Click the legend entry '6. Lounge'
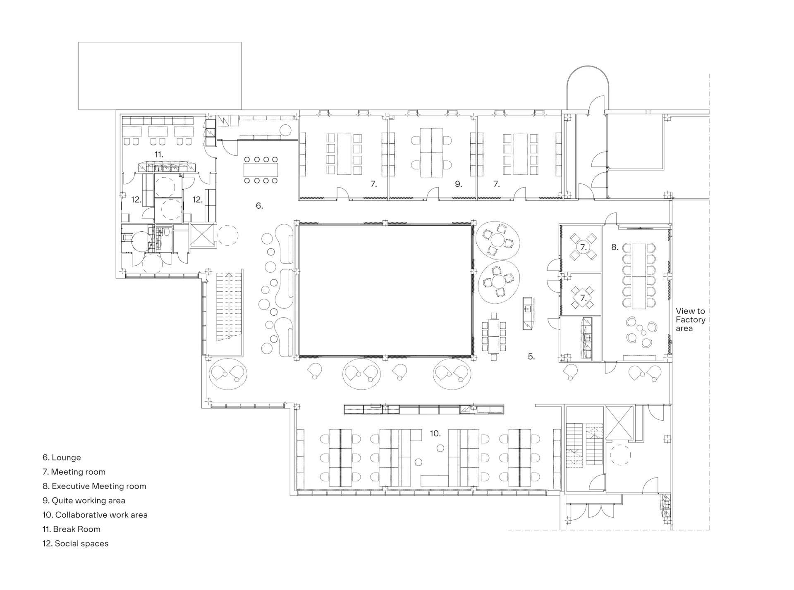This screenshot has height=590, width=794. pos(62,457)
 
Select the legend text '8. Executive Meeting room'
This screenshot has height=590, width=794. pos(94,486)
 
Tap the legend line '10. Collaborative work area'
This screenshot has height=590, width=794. pos(95,515)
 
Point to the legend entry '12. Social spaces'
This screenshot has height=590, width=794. pos(75,543)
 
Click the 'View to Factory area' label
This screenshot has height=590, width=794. pos(690,319)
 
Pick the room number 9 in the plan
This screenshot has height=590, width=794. pos(458,184)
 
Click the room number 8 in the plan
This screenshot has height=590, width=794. pos(615,247)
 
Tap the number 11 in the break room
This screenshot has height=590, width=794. pos(159,155)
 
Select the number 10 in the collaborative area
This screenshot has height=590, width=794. pos(435,433)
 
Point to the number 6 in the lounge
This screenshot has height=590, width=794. pos(259,205)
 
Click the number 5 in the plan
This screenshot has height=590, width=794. pos(531,356)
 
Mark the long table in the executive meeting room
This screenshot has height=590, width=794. pos(639,276)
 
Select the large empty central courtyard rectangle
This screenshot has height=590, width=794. pos(385,290)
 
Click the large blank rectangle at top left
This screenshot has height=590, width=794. pos(160,76)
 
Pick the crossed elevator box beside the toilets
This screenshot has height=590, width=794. pos(202,235)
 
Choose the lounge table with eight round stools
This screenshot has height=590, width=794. pos(261,170)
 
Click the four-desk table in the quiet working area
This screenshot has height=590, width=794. pos(431,153)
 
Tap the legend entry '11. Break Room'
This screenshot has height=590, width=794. pos(71,529)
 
